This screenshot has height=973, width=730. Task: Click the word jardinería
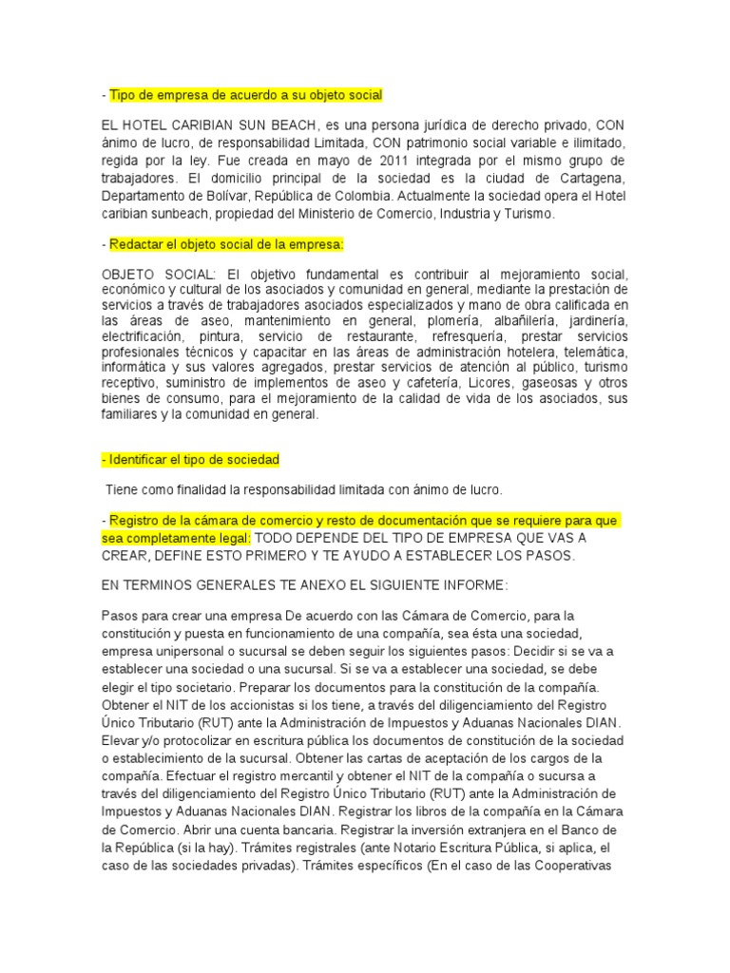(593, 321)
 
